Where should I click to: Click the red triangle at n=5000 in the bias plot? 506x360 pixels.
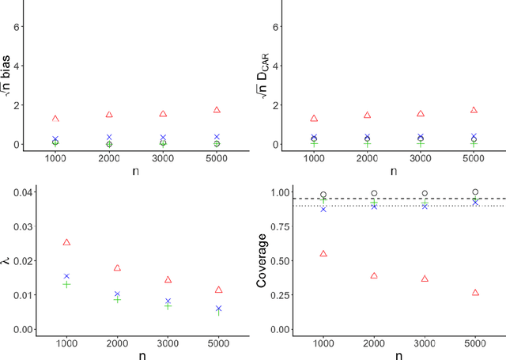(217, 110)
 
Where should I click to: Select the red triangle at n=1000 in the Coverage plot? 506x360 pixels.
(323, 254)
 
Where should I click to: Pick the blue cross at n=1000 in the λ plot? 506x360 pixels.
(66, 276)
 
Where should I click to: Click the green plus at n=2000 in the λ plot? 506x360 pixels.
(117, 300)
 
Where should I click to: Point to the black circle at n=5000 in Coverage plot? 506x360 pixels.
(475, 191)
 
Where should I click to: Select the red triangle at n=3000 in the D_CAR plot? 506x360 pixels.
(421, 114)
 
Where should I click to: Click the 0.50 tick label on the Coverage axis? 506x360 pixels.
(279, 261)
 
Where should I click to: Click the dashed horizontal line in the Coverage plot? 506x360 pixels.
(395, 199)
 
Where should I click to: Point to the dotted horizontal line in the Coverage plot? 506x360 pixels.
(395, 207)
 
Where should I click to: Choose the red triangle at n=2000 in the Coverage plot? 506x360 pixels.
(374, 276)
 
